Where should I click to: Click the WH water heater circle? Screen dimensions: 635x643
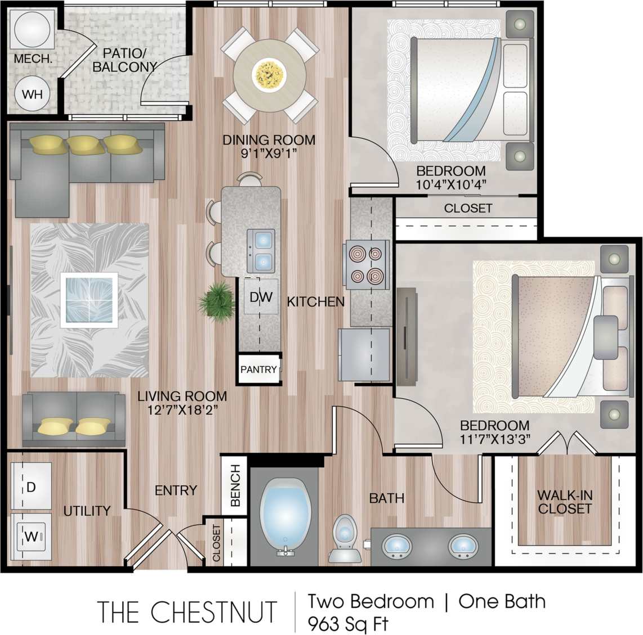coord(32,94)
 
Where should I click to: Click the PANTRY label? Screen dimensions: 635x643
coord(258,370)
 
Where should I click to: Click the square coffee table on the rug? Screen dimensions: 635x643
coord(89,300)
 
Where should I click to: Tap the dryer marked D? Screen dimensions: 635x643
coord(31,487)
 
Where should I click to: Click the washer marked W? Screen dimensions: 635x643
coord(32,536)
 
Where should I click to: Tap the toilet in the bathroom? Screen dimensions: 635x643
coord(345,539)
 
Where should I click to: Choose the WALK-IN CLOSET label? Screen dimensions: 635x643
coord(564,502)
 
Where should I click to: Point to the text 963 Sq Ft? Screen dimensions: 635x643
coord(347,624)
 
